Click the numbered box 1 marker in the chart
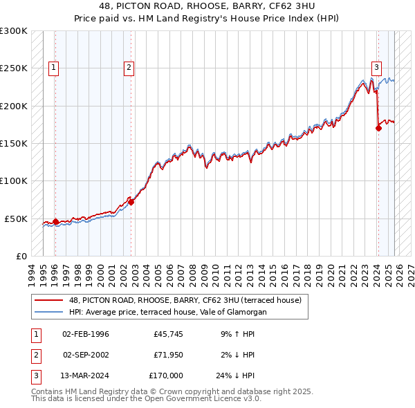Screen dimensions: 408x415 click(54, 68)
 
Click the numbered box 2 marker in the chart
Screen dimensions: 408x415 click(129, 68)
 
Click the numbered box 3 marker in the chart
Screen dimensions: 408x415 click(377, 68)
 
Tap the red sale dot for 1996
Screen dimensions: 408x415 click(56, 222)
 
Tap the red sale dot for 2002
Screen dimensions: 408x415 click(131, 202)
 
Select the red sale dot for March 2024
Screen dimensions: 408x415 click(378, 128)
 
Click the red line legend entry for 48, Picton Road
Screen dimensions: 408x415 click(185, 301)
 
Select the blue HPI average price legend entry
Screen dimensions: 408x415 click(167, 313)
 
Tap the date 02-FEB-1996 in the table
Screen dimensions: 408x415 click(86, 335)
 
